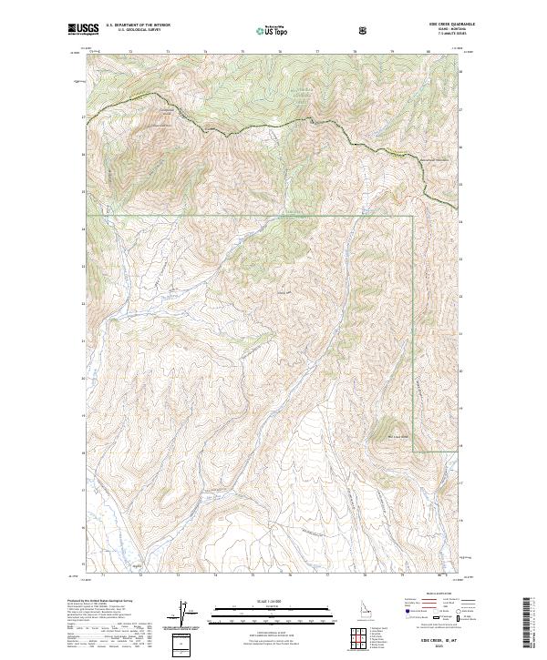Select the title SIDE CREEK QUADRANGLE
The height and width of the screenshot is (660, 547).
444,24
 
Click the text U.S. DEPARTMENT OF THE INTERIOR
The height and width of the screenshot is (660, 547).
138,25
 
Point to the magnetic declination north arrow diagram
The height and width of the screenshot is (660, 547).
181,612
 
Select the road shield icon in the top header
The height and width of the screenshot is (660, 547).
364,30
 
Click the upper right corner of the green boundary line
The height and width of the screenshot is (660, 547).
414,217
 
